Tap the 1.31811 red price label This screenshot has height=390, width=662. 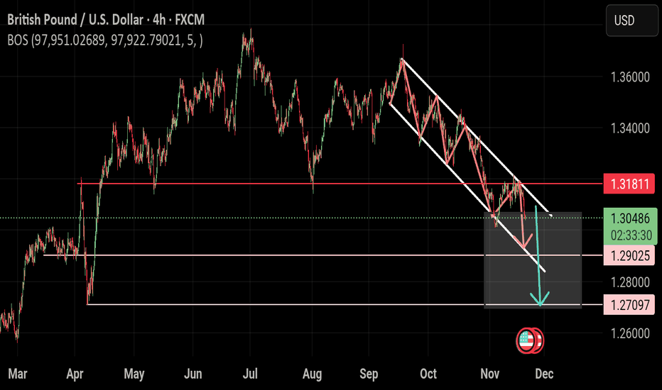[629, 184]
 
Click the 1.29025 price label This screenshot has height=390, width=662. [629, 255]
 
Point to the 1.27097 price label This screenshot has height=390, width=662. [629, 305]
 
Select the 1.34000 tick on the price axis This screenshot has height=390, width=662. [629, 128]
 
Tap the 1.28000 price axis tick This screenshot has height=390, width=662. [629, 282]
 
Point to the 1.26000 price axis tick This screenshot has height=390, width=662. [629, 333]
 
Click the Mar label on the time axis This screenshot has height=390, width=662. [17, 374]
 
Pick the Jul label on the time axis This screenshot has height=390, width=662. [249, 374]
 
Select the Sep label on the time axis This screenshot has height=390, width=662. [369, 374]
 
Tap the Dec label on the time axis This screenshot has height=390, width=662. [544, 374]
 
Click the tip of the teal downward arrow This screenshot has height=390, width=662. [541, 305]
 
